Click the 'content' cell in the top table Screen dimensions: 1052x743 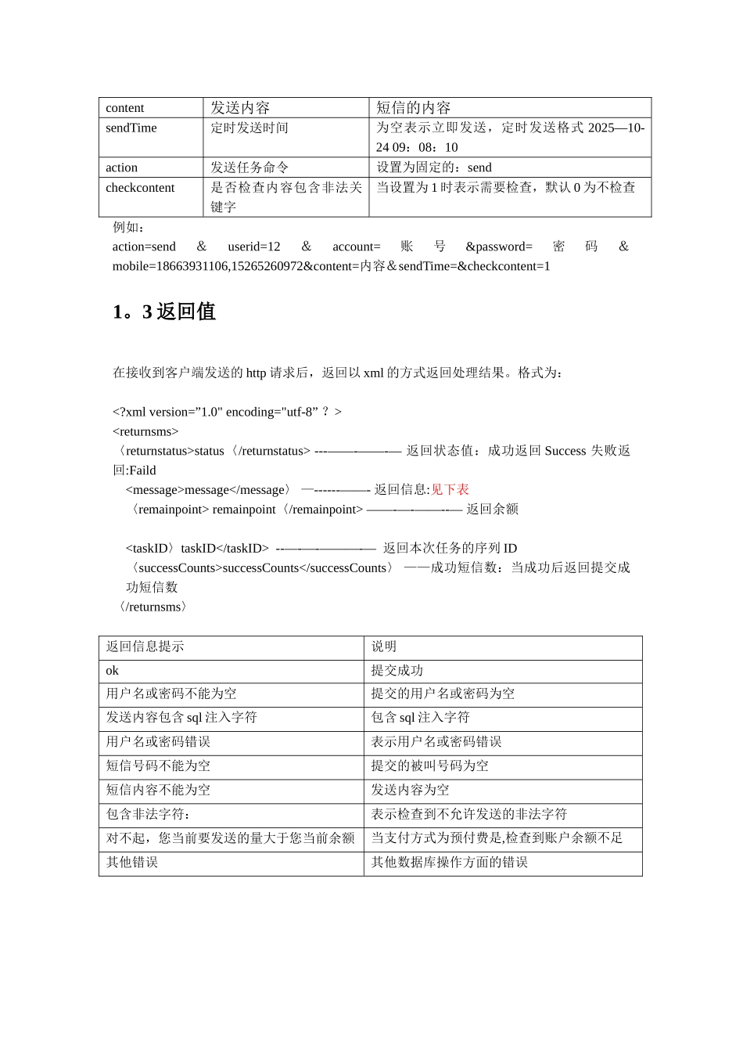pyautogui.click(x=125, y=108)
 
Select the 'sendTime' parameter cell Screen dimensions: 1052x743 pyautogui.click(x=131, y=128)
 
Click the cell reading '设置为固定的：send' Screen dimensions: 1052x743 pyautogui.click(x=434, y=168)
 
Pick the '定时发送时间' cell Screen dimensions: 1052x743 pyautogui.click(x=249, y=128)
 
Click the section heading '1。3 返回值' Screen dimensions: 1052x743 pyautogui.click(x=164, y=312)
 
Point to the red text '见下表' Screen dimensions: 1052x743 pyautogui.click(x=450, y=490)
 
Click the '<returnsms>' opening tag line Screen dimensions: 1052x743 pyautogui.click(x=145, y=431)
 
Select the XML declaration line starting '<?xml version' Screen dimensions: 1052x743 pyautogui.click(x=227, y=412)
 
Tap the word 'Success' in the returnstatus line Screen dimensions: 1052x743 pyautogui.click(x=565, y=451)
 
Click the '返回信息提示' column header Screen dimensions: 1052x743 pyautogui.click(x=145, y=647)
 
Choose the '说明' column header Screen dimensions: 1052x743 pyautogui.click(x=384, y=647)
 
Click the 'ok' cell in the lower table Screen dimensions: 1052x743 pyautogui.click(x=113, y=671)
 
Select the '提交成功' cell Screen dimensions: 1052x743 pyautogui.click(x=397, y=671)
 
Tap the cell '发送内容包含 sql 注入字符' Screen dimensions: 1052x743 pyautogui.click(x=181, y=718)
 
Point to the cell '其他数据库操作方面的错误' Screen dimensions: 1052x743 pyautogui.click(x=450, y=863)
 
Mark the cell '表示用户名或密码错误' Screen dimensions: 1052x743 pyautogui.click(x=436, y=742)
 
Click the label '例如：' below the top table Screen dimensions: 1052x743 pyautogui.click(x=129, y=227)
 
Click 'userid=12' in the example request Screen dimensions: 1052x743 pyautogui.click(x=254, y=247)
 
